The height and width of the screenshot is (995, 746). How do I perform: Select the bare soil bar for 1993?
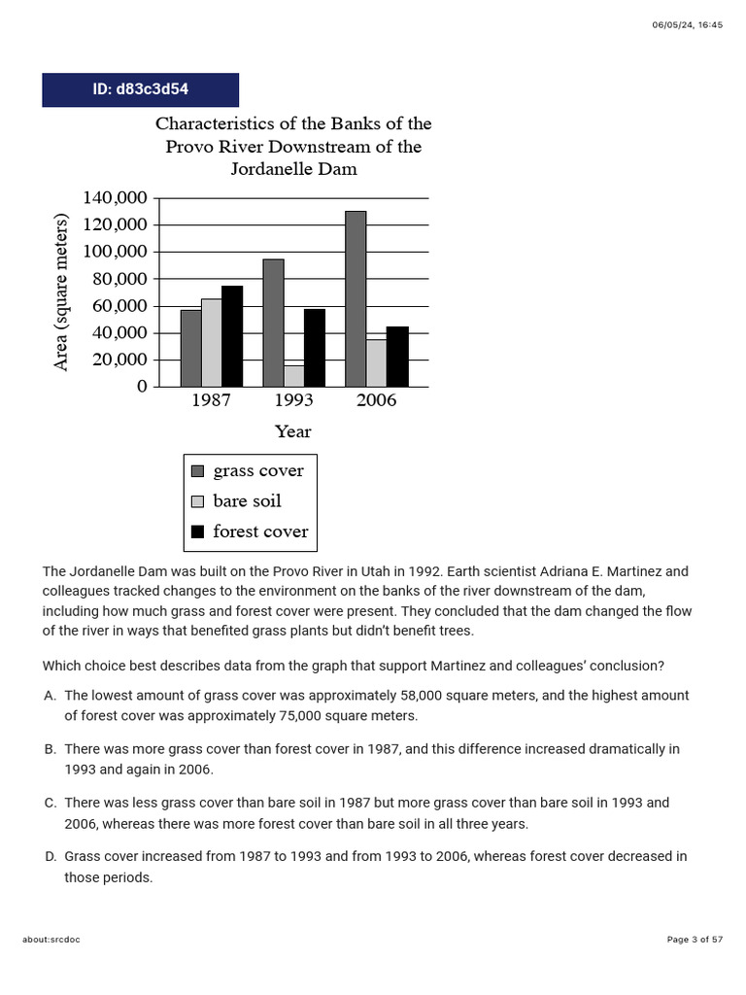[293, 376]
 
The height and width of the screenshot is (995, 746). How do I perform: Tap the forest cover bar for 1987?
[232, 336]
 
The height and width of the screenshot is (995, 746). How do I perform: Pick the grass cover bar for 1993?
[273, 323]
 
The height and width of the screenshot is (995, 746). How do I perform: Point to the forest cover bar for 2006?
[397, 357]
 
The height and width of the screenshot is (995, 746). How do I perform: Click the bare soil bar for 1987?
[211, 342]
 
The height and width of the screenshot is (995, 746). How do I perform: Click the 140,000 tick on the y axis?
[115, 198]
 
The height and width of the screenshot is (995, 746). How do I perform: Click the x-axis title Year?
[292, 431]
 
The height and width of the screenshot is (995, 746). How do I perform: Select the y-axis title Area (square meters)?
[61, 292]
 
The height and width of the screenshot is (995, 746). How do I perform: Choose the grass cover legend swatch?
[198, 471]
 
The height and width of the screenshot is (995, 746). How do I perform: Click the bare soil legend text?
[247, 501]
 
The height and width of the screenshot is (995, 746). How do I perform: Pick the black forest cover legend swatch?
[198, 532]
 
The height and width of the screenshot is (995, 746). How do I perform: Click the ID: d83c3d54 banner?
[140, 89]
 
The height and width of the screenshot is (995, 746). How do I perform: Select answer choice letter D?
[50, 857]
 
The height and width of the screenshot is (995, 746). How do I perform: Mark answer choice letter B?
[50, 750]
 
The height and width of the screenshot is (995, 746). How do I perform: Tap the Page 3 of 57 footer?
[695, 940]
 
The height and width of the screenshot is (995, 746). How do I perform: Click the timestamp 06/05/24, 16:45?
[687, 25]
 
